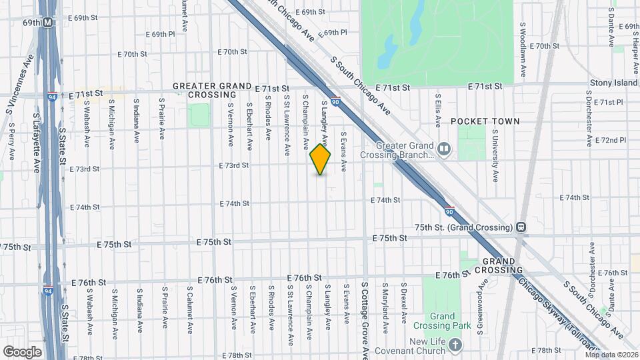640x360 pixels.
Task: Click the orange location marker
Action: click(x=321, y=159)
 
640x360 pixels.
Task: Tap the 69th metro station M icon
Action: click(x=48, y=23)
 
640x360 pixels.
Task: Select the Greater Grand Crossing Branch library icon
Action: click(x=443, y=148)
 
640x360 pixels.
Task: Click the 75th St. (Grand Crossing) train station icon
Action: click(x=521, y=227)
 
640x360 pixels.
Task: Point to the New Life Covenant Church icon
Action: click(x=455, y=345)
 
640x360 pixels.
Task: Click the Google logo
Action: click(x=22, y=351)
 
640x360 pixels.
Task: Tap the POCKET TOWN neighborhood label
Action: click(x=485, y=121)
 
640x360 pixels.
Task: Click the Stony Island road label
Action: click(x=613, y=83)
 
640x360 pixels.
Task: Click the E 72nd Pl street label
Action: click(x=613, y=141)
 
